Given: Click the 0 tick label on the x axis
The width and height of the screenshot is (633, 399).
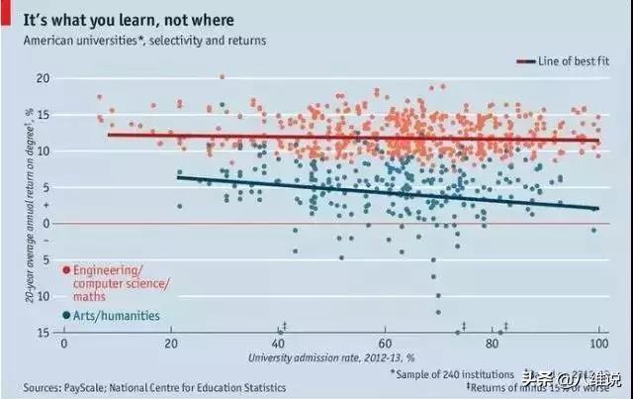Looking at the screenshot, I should coord(64,343).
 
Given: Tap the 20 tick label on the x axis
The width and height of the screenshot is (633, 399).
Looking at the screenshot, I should coord(170,343).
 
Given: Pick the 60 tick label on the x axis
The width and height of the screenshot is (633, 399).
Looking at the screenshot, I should coord(385,343).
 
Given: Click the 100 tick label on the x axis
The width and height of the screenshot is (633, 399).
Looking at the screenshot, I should coord(597,343).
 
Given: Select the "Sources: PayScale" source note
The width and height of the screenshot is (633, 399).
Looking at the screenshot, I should coord(154,387).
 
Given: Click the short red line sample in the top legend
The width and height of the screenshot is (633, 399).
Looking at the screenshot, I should coord(524,61).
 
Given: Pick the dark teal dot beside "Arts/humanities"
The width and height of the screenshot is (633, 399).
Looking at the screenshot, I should coord(65,316).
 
